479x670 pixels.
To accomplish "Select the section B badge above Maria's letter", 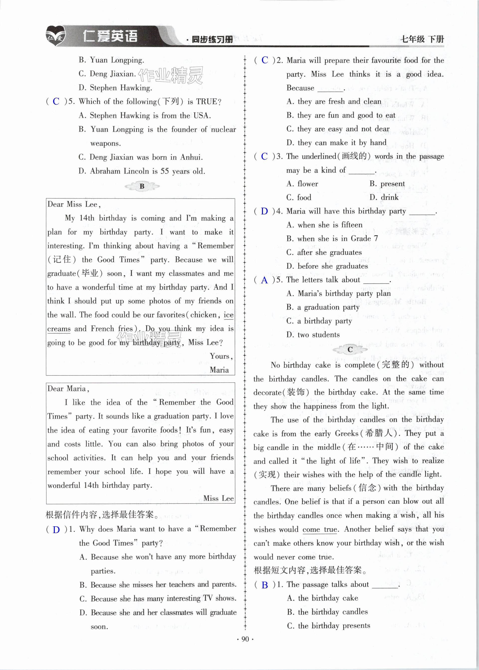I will click(142, 186).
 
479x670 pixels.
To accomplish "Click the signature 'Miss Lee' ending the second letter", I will click(219, 498).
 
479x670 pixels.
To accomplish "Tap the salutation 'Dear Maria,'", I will click(68, 389).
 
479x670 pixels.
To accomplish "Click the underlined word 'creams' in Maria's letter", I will click(59, 329).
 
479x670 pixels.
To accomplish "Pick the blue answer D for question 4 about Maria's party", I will click(264, 211).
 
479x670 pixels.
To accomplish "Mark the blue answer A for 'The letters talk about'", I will click(264, 280).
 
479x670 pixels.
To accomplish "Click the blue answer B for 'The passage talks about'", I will click(265, 585).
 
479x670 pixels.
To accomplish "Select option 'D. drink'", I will click(384, 197).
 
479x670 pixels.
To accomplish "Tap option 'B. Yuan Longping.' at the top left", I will click(111, 60).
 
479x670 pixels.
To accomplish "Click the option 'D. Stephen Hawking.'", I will click(115, 88).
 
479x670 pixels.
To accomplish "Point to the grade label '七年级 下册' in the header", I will click(422, 39).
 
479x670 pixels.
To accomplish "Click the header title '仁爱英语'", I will click(110, 37).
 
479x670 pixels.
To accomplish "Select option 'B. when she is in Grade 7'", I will click(332, 239).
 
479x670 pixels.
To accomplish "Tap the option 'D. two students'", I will click(313, 335).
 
